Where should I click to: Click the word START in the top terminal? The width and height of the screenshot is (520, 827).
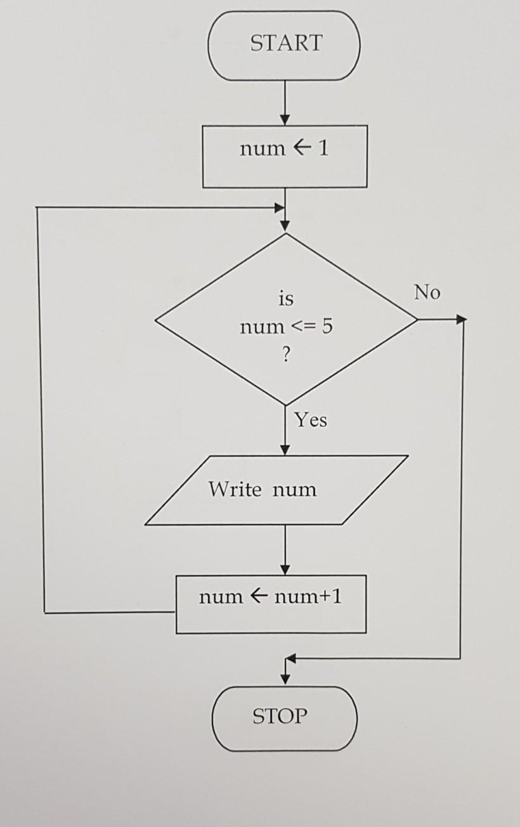pyautogui.click(x=286, y=44)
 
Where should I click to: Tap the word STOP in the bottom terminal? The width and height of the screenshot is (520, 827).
pyautogui.click(x=280, y=717)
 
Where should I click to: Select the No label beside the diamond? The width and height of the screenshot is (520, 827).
pyautogui.click(x=427, y=292)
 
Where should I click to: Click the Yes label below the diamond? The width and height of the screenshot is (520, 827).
pyautogui.click(x=311, y=420)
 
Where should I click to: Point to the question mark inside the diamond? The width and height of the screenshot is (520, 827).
pyautogui.click(x=285, y=356)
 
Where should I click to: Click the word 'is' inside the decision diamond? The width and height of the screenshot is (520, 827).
pyautogui.click(x=286, y=298)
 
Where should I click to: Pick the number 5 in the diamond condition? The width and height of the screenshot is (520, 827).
pyautogui.click(x=326, y=327)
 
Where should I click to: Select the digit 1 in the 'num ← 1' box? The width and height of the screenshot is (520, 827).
pyautogui.click(x=323, y=148)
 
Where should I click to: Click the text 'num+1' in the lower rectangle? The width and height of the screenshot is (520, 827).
pyautogui.click(x=308, y=597)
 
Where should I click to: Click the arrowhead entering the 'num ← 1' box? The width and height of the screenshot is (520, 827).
pyautogui.click(x=285, y=120)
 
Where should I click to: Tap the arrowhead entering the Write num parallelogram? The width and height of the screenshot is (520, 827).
pyautogui.click(x=285, y=450)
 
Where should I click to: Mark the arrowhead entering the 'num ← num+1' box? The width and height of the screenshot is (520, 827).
pyautogui.click(x=285, y=570)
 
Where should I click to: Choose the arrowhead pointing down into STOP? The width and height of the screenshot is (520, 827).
pyautogui.click(x=285, y=679)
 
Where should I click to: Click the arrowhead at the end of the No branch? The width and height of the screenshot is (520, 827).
pyautogui.click(x=462, y=319)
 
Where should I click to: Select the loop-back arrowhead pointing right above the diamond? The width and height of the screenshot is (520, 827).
pyautogui.click(x=279, y=207)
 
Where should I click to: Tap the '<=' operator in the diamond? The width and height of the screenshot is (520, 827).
pyautogui.click(x=302, y=327)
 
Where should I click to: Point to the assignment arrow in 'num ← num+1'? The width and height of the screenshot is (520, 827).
pyautogui.click(x=258, y=597)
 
